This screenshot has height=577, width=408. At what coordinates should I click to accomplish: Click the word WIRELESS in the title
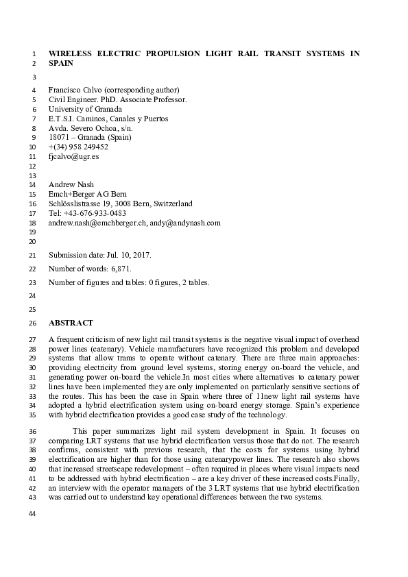click(x=71, y=53)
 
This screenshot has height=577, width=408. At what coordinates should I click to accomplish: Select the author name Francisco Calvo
click(x=77, y=90)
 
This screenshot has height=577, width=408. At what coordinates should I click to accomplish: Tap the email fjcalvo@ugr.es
click(x=74, y=156)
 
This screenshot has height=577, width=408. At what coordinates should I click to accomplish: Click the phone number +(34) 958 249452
click(x=78, y=147)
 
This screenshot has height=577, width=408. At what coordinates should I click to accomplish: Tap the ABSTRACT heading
click(x=71, y=323)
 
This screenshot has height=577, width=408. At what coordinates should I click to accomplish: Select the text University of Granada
click(x=86, y=109)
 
